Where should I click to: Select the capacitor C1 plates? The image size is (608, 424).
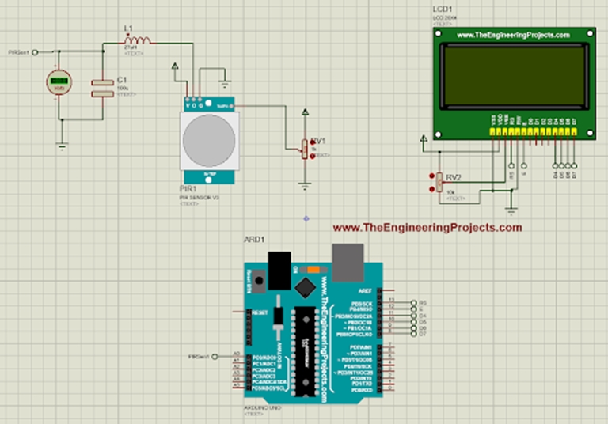(x=101, y=88)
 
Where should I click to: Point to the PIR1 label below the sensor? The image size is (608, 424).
(x=187, y=191)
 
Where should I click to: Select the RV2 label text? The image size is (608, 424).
(x=454, y=177)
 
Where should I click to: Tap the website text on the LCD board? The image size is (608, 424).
(x=512, y=36)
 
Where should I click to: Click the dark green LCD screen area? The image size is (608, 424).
(x=512, y=76)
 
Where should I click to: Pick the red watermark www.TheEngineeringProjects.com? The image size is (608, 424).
(x=427, y=228)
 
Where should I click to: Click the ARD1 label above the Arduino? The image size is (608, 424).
(x=253, y=239)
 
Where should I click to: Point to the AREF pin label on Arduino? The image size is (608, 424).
(x=364, y=291)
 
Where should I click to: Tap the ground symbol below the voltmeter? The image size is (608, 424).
(x=61, y=146)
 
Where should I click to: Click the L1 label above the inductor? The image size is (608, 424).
(x=128, y=28)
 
